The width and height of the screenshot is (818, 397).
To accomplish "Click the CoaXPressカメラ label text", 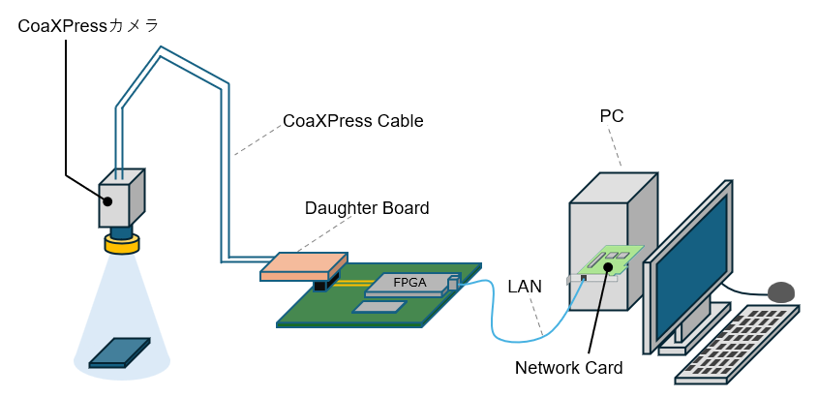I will [x=88, y=26].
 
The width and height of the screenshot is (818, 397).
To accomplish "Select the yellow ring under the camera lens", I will [x=121, y=244].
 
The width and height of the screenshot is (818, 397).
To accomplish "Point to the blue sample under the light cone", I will [x=119, y=352].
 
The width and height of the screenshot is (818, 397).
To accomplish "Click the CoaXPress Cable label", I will [x=352, y=122].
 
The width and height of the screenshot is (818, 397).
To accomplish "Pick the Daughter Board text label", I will [x=366, y=207].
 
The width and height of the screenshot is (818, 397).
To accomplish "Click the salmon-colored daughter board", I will [x=303, y=266].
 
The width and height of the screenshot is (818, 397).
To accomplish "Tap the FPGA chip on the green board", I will [x=409, y=283].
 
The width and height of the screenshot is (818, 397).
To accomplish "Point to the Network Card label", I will [x=568, y=368].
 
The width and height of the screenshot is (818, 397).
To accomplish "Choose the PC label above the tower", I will [x=611, y=116].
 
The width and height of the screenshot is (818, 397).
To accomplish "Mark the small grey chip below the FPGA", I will [x=379, y=307].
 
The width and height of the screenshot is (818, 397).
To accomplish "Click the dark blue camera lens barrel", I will [x=121, y=231].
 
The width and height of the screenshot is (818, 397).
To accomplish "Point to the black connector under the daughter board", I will [x=320, y=286].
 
